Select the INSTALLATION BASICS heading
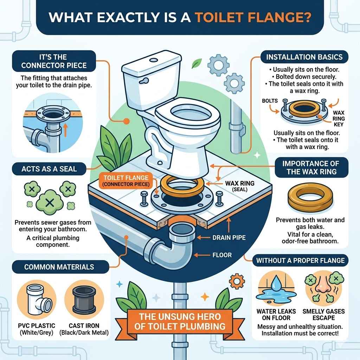point(304,57)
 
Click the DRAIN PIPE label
point(229,238)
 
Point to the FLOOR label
point(222,255)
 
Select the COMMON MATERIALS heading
point(59,267)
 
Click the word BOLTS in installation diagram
point(270,101)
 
